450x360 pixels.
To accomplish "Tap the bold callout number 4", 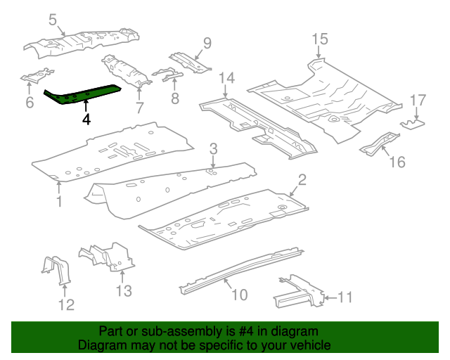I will coord(86,120).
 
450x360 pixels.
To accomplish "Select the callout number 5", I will coord(53,20).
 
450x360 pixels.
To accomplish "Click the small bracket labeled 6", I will coord(37,77).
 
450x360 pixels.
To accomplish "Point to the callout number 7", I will coord(139,108).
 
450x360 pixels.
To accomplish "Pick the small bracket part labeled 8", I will coord(167,74).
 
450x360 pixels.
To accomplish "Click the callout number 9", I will coord(206,43).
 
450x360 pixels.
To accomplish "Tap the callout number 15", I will coord(320,39).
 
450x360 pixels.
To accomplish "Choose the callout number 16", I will coord(397,162).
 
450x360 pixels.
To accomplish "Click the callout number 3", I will coord(212,148).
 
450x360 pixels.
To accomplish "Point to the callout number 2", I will coord(302,181).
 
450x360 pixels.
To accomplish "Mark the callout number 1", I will coord(59,202).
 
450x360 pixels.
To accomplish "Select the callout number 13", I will coord(124,290).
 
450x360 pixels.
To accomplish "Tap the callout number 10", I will coord(239,295).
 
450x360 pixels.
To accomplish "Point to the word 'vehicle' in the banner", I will coord(309,345).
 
